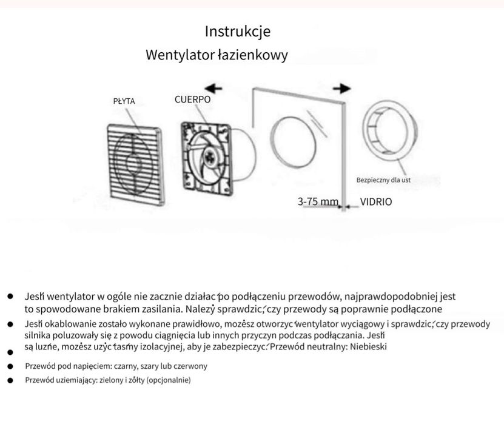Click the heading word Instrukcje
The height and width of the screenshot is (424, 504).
pos(238,31)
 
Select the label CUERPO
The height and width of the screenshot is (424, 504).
pos(193,99)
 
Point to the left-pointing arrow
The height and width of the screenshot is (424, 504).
pos(213,89)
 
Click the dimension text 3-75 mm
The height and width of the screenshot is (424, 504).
pos(318,201)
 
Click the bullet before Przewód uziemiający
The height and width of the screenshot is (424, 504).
pos(10,380)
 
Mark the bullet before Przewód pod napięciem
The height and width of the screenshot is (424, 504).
pos(10,366)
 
